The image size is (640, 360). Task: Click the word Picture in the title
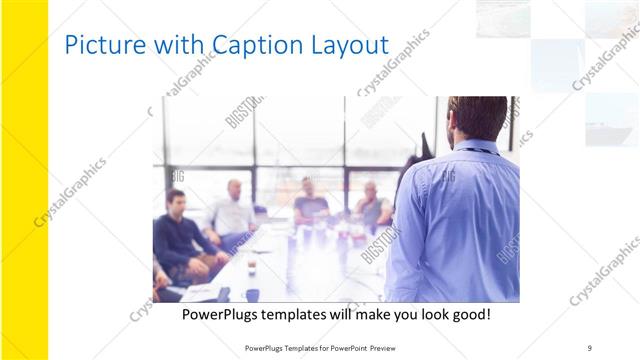point(98,45)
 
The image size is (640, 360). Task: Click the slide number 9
point(590,348)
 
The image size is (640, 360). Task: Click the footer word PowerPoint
point(342,348)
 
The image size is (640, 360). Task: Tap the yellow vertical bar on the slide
point(24,180)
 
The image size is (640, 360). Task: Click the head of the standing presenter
point(477,118)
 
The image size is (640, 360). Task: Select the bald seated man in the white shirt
point(234,210)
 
